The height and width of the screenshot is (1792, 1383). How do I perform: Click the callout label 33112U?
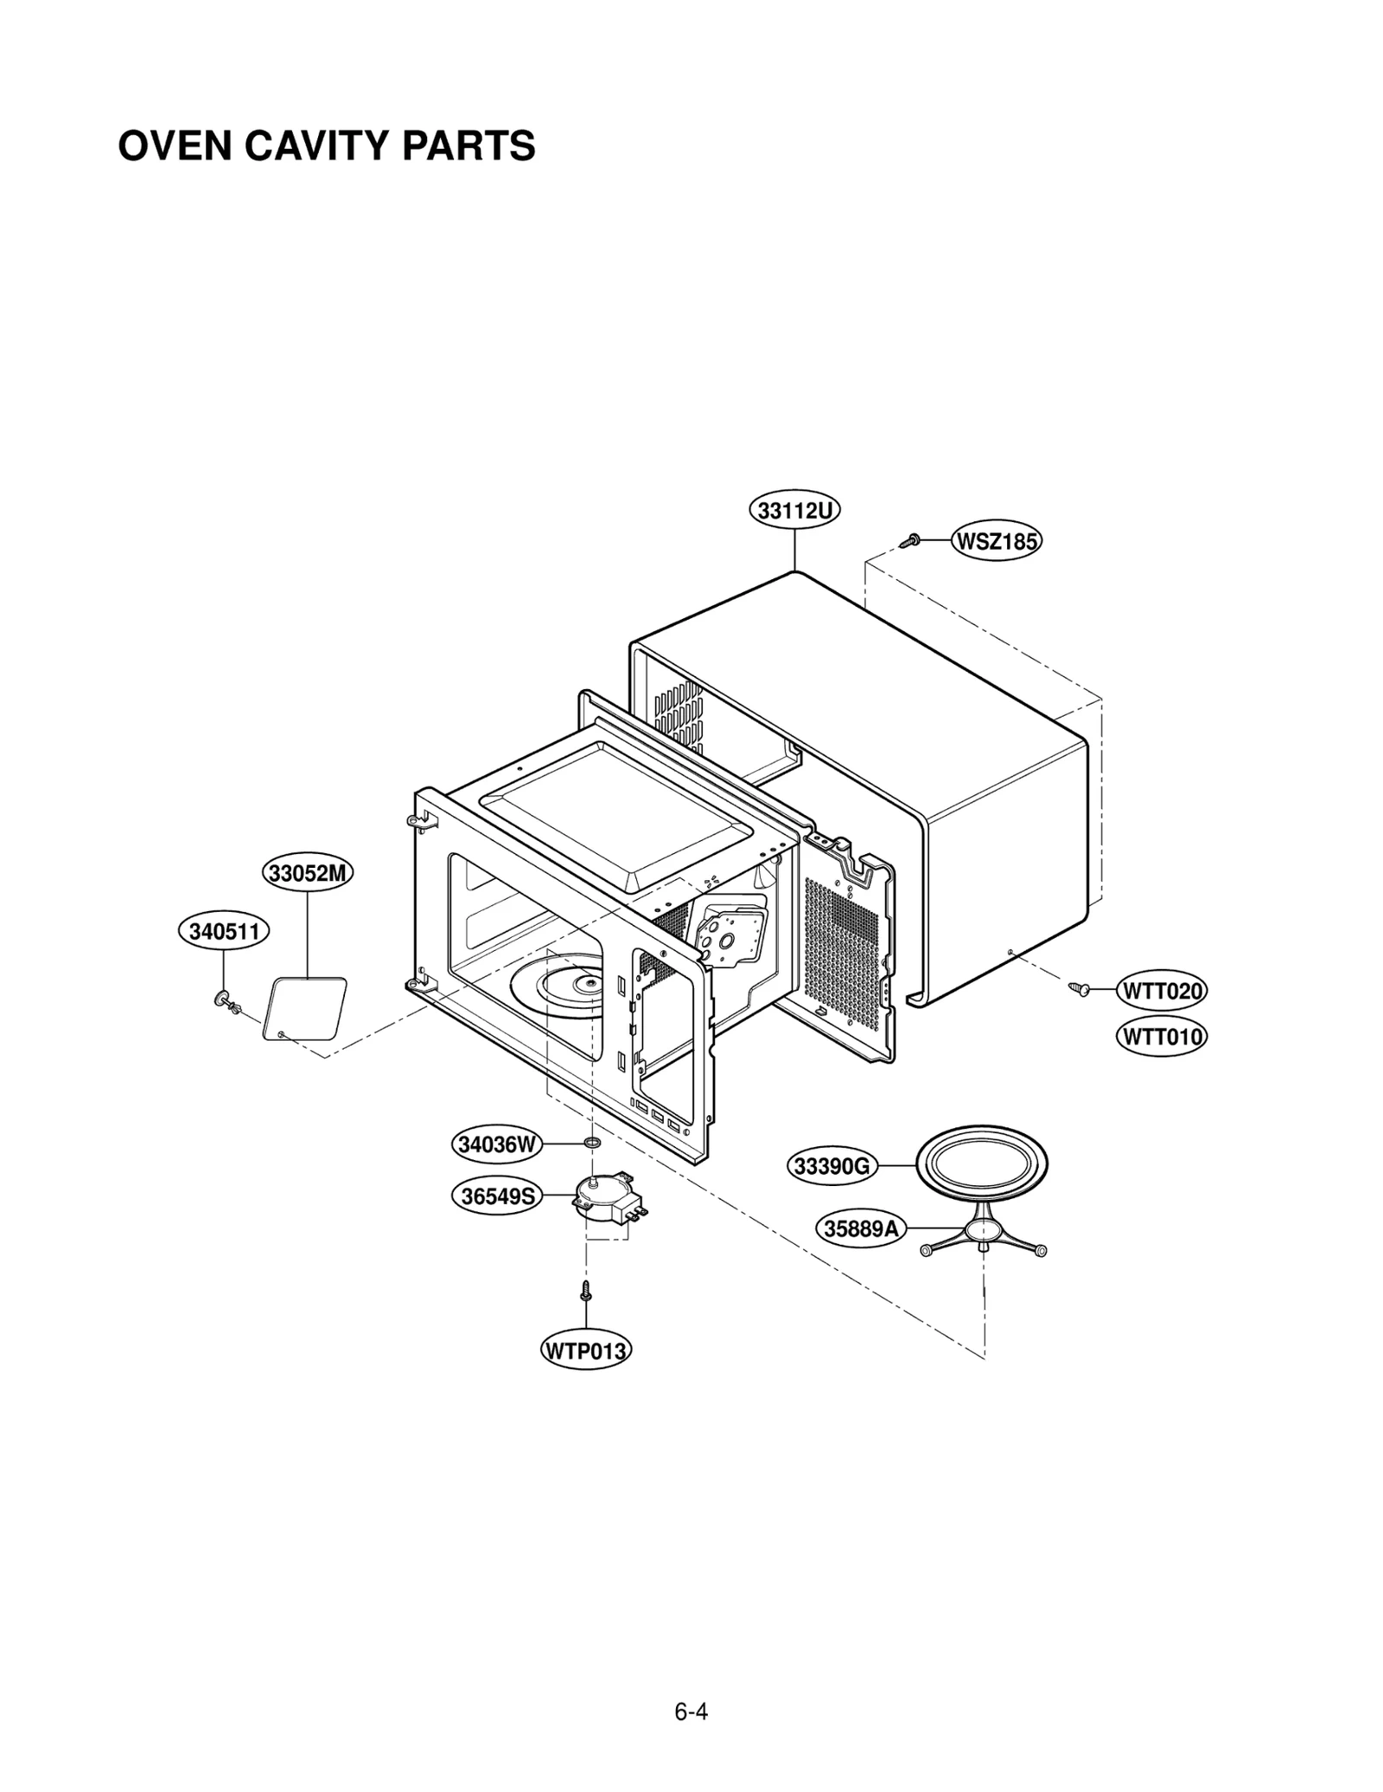(x=793, y=511)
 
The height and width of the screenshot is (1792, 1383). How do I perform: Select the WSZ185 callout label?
(x=996, y=542)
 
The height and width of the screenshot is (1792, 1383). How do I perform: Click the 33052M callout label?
(x=308, y=873)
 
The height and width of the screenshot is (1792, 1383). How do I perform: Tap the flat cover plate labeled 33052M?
(x=304, y=1009)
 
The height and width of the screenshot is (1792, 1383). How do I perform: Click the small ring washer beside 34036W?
(x=593, y=1144)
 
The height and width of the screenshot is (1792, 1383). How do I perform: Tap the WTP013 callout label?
(x=585, y=1350)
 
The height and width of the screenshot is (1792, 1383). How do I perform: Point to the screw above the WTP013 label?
(x=586, y=1291)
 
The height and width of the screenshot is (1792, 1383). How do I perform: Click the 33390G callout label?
(x=832, y=1166)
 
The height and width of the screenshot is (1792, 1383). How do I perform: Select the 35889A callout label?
(x=861, y=1228)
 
